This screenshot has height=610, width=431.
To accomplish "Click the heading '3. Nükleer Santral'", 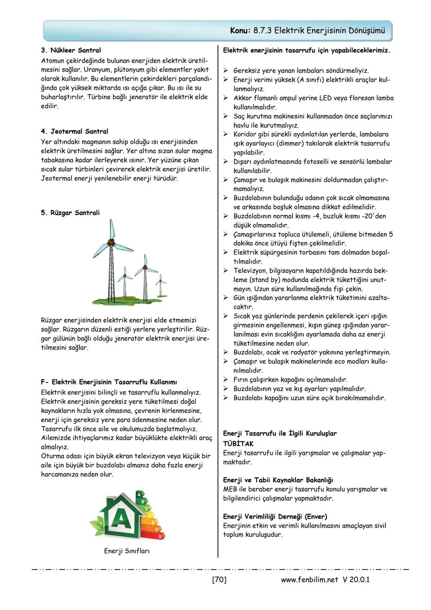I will [71, 50].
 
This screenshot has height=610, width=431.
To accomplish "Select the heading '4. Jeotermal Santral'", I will [74, 131].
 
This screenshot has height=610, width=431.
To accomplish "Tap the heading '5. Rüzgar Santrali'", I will [70, 213].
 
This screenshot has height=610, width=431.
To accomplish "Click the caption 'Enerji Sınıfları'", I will [127, 551].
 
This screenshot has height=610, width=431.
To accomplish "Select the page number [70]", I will [219, 579].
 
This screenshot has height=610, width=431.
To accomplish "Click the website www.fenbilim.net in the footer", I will [309, 579].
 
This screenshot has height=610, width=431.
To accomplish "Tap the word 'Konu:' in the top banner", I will [241, 31].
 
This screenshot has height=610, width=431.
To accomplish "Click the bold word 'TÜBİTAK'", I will [238, 443].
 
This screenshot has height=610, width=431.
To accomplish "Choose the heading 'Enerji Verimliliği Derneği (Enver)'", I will [275, 517].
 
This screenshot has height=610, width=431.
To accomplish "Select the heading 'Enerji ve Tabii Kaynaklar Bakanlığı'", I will [278, 480].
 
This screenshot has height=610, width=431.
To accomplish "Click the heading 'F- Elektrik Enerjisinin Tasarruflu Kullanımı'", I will [109, 382].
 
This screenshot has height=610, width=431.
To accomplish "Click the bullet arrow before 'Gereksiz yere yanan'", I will [225, 71].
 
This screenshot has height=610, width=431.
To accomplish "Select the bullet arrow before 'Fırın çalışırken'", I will [225, 380].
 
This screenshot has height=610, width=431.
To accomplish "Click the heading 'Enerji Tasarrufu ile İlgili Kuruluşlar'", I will [280, 433].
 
